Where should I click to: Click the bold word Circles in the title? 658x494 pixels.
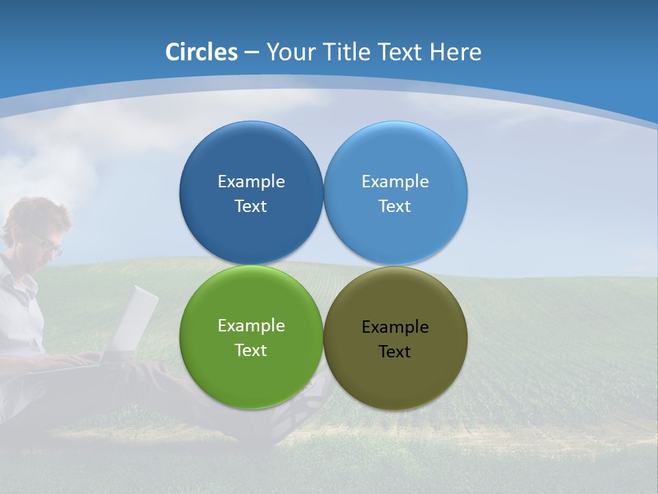pos(201,52)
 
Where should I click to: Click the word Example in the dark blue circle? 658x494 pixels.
pos(251,182)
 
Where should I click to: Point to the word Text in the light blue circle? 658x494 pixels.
pos(395,207)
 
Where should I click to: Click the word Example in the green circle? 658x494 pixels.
pos(251,326)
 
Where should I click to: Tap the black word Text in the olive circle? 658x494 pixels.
pos(395,352)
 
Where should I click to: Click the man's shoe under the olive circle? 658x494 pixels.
pos(302,412)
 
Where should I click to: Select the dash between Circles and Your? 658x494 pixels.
pos(252,53)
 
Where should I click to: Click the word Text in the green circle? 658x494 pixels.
pos(251,351)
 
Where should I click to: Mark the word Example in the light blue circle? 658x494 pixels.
pos(395,182)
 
